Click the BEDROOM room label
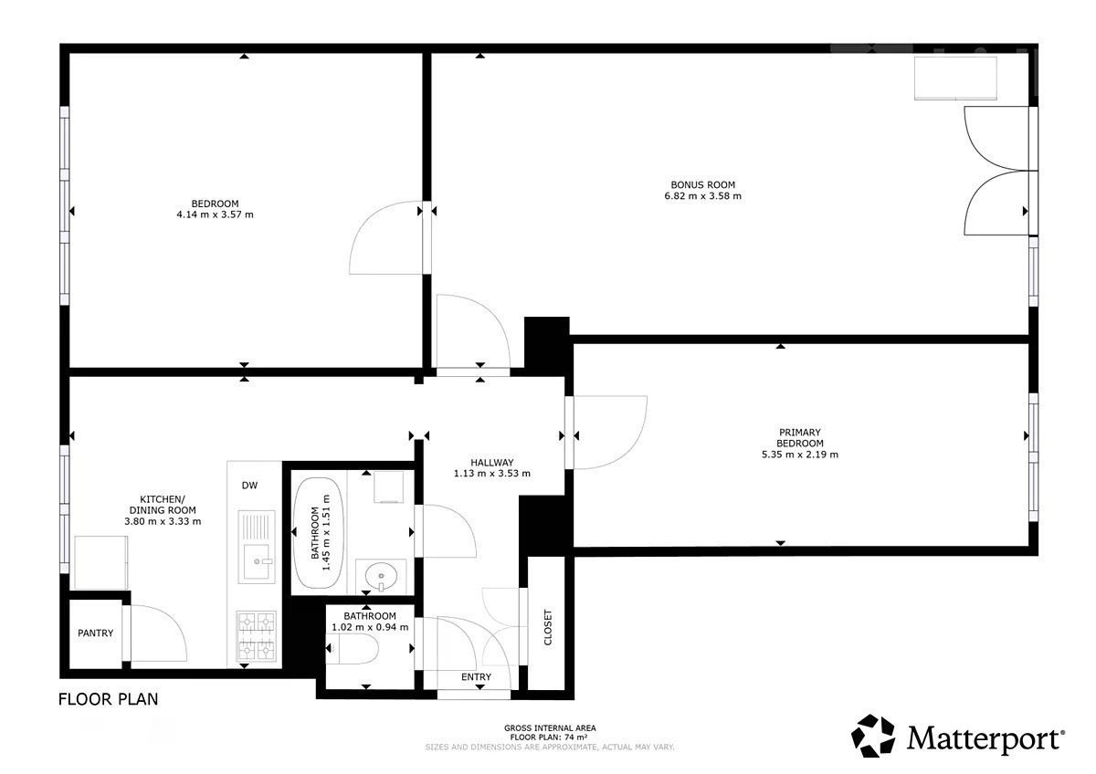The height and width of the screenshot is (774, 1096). pyautogui.click(x=215, y=204)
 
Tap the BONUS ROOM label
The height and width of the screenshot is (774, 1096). pyautogui.click(x=702, y=184)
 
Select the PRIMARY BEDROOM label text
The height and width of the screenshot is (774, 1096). pyautogui.click(x=799, y=437)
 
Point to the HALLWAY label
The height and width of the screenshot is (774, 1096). pyautogui.click(x=491, y=463)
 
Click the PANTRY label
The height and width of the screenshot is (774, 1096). pyautogui.click(x=95, y=633)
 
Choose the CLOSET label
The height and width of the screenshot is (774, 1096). pyautogui.click(x=548, y=627)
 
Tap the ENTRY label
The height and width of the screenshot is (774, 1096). pyautogui.click(x=476, y=677)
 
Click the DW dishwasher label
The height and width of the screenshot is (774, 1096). pyautogui.click(x=249, y=486)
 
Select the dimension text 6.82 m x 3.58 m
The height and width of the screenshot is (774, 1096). pyautogui.click(x=702, y=196)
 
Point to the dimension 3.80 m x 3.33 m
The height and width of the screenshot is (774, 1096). pyautogui.click(x=163, y=521)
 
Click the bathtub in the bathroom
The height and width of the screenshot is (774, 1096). pyautogui.click(x=318, y=533)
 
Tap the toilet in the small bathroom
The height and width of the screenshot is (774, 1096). pyautogui.click(x=353, y=649)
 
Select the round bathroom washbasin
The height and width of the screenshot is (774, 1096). pyautogui.click(x=381, y=576)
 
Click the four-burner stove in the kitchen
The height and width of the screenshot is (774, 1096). pyautogui.click(x=257, y=636)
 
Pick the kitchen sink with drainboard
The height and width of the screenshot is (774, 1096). pyautogui.click(x=257, y=547)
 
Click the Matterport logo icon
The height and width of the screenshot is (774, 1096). pyautogui.click(x=873, y=736)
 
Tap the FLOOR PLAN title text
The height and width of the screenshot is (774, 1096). pyautogui.click(x=108, y=700)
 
